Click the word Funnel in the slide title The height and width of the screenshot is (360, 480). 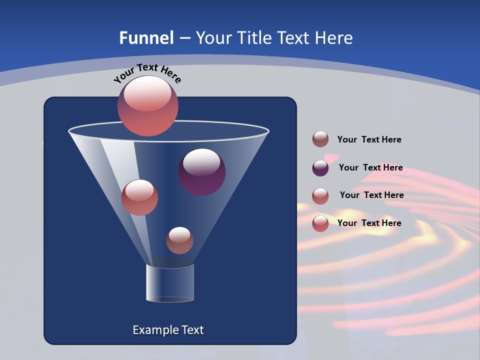pyautogui.click(x=146, y=38)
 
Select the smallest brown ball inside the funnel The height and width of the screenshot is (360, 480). pyautogui.click(x=179, y=241)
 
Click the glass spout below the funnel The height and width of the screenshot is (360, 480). pyautogui.click(x=170, y=283)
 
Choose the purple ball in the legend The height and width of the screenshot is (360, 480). pyautogui.click(x=320, y=168)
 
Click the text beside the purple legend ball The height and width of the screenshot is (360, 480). pyautogui.click(x=370, y=167)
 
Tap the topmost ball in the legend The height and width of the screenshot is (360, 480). pyautogui.click(x=320, y=139)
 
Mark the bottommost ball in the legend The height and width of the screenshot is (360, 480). pyautogui.click(x=320, y=223)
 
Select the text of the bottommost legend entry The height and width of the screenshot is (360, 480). pyautogui.click(x=369, y=223)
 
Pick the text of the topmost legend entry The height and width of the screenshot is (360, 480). pyautogui.click(x=369, y=139)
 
